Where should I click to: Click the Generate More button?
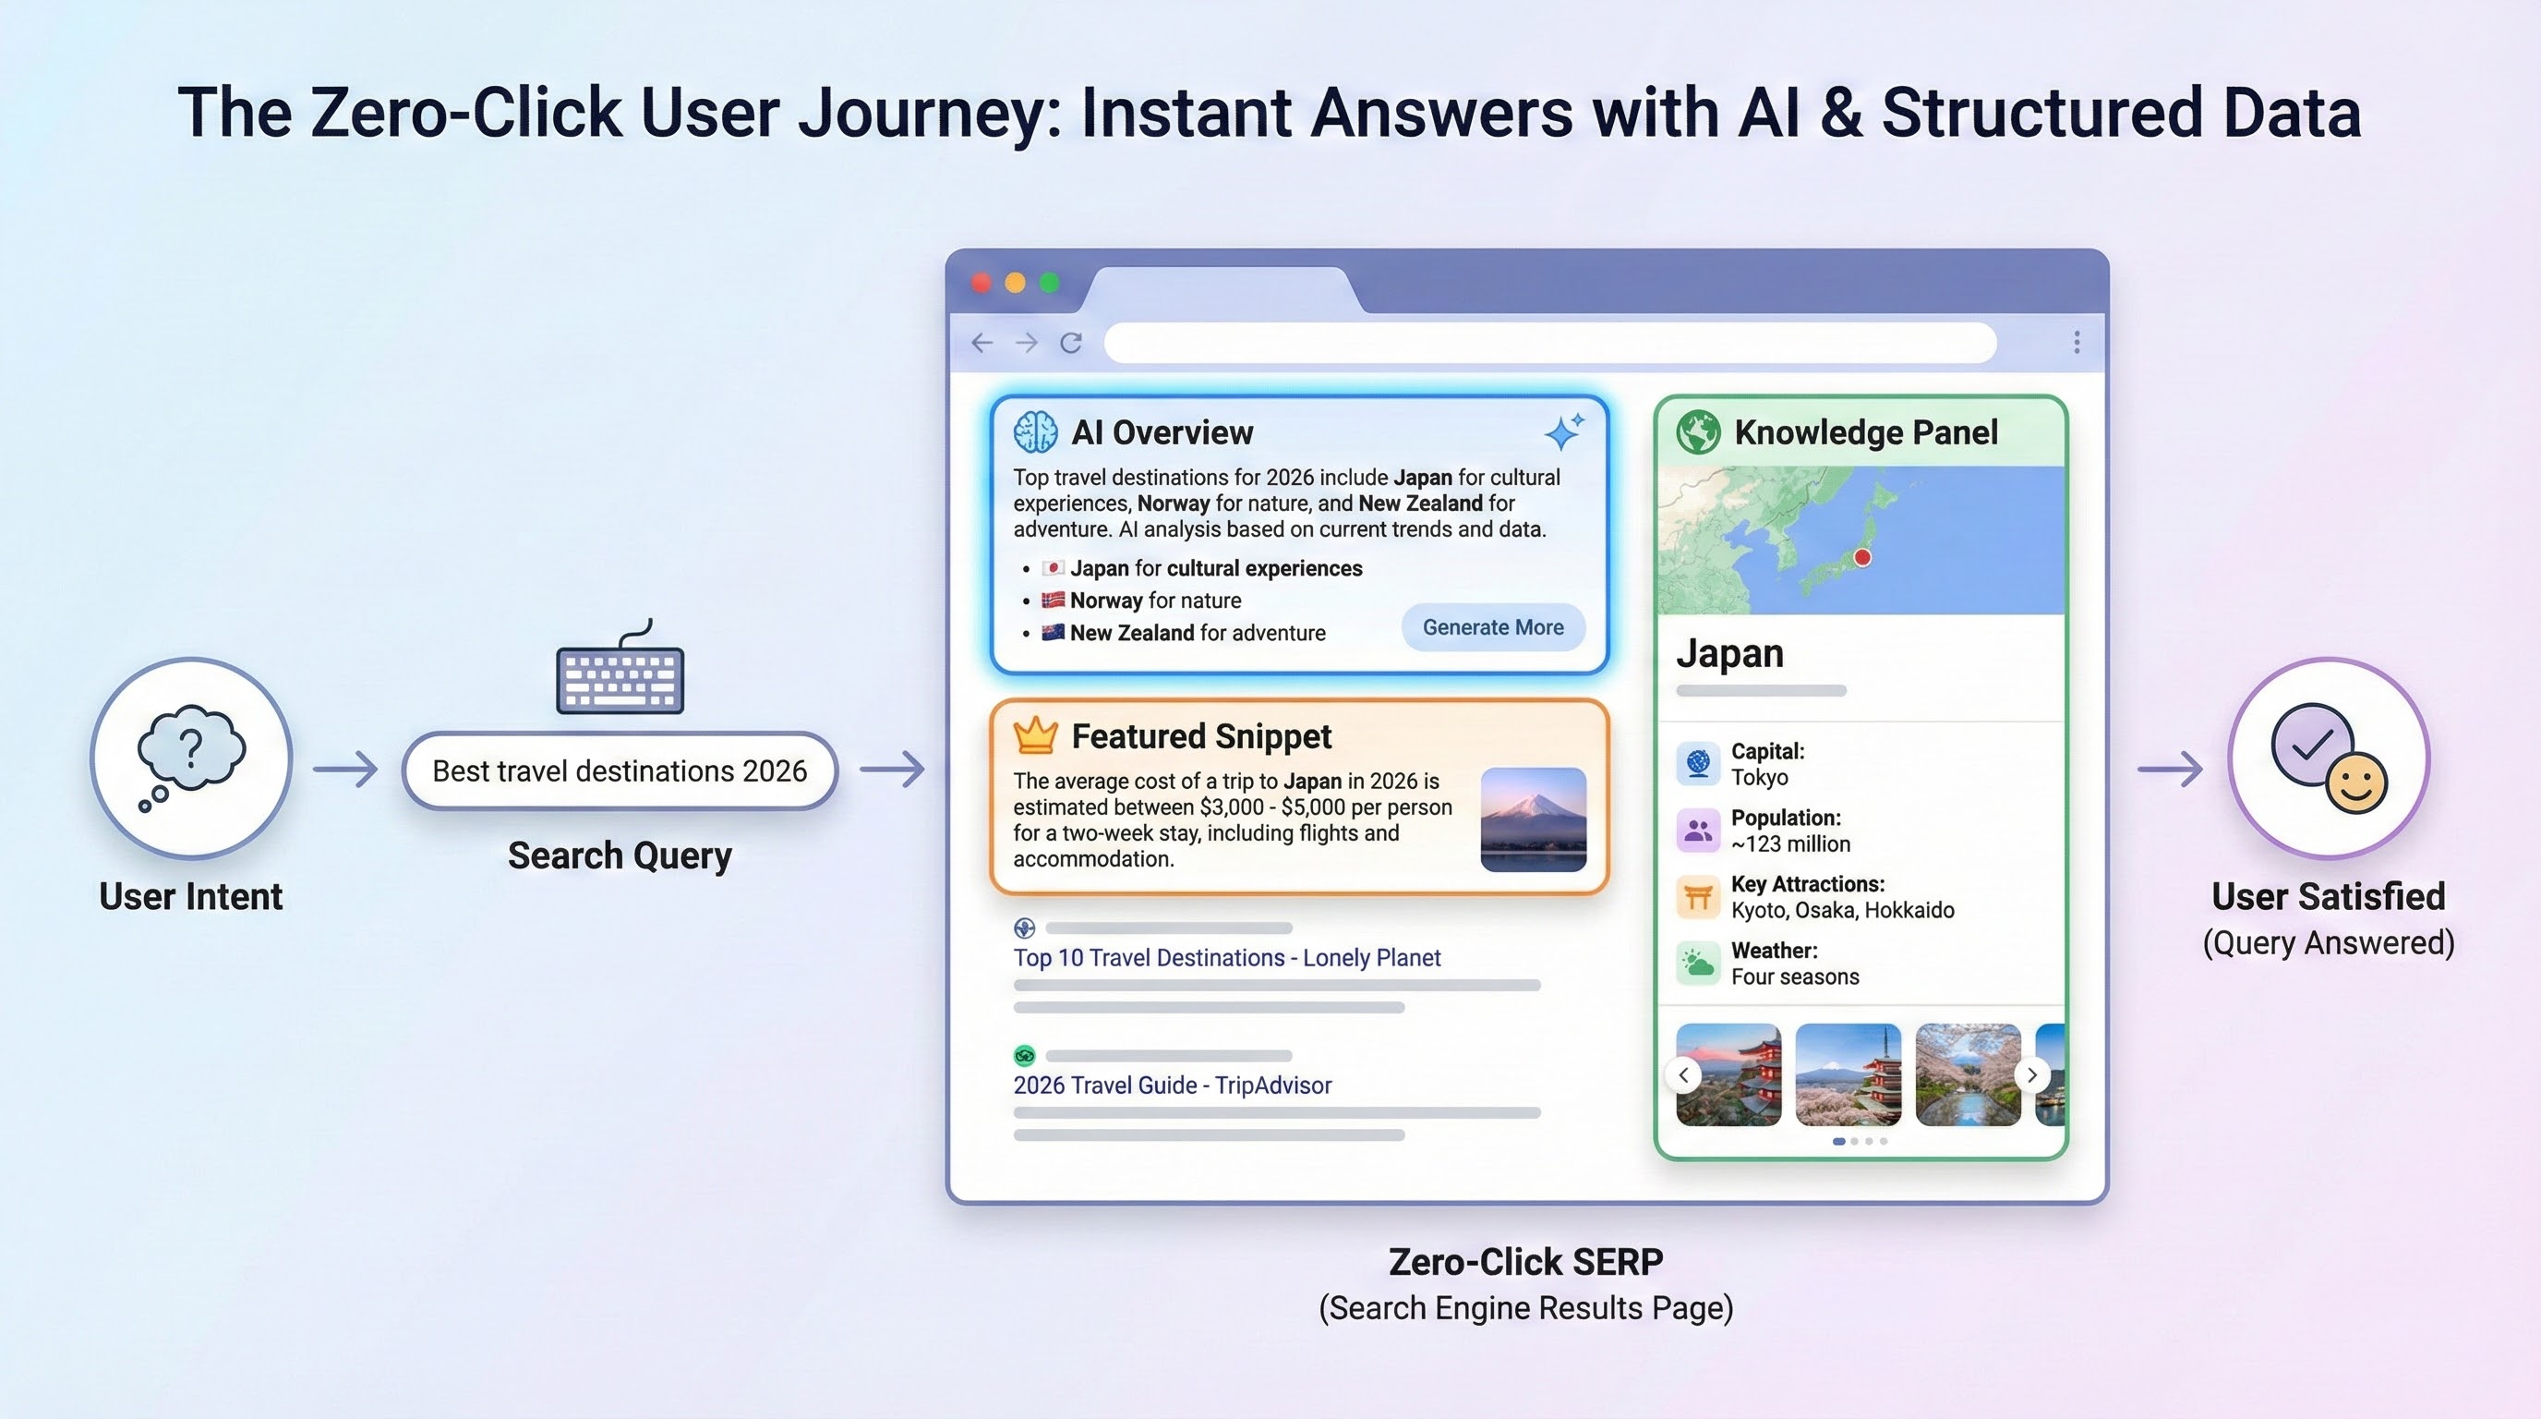click(1492, 627)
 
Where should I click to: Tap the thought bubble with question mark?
click(190, 748)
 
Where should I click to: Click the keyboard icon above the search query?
click(620, 677)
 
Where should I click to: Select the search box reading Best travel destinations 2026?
click(620, 770)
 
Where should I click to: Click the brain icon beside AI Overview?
click(1035, 432)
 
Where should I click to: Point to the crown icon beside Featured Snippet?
click(1035, 735)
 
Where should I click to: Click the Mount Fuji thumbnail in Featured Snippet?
click(1533, 819)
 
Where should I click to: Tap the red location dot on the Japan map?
click(1862, 558)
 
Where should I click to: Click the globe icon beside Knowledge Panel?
click(1698, 432)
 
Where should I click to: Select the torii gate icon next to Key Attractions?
click(1698, 897)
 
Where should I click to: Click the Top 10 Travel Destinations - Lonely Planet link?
click(1226, 957)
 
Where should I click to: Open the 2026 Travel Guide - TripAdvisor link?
click(1172, 1085)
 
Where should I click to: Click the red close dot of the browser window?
click(981, 284)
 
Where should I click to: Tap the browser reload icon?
click(1071, 343)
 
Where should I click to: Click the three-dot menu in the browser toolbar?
click(2077, 343)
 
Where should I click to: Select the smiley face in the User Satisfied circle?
click(2355, 784)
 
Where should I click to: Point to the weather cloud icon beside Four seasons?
click(1698, 964)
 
